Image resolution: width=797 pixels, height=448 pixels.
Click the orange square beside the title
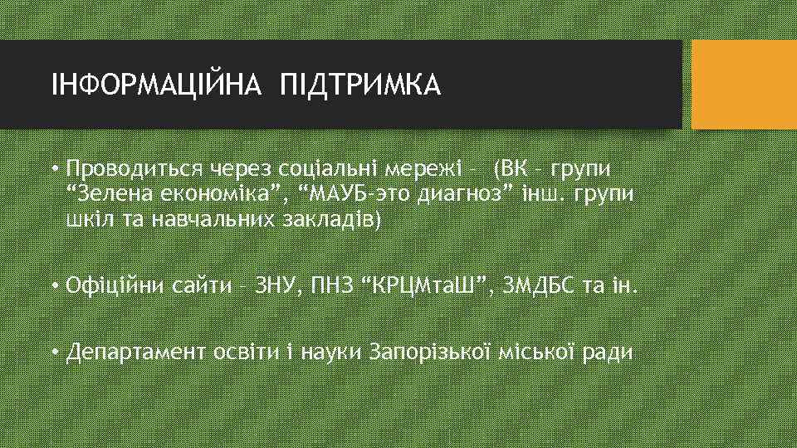coord(743,85)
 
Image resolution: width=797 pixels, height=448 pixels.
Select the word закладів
coord(338,222)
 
